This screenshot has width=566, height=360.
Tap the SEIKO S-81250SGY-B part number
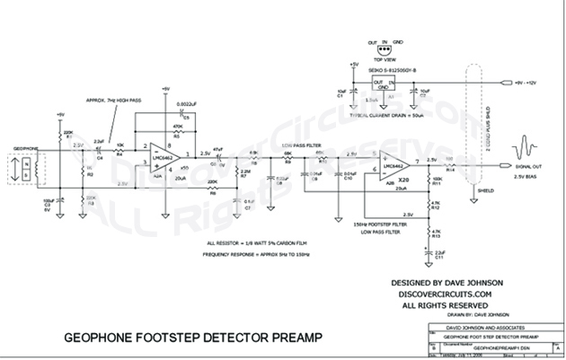click(x=385, y=68)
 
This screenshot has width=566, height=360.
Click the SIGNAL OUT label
click(x=527, y=165)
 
